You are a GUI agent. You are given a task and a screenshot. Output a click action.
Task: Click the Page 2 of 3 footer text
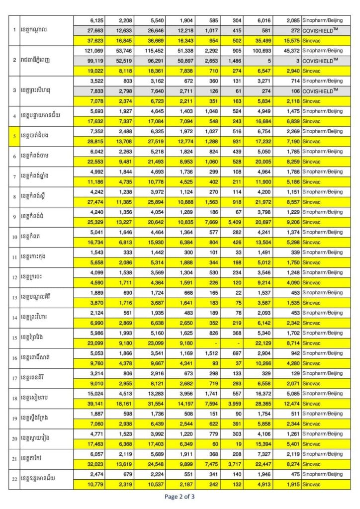point(180,496)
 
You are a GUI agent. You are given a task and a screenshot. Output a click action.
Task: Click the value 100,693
point(260,50)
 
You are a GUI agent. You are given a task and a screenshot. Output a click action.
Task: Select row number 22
point(15,479)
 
